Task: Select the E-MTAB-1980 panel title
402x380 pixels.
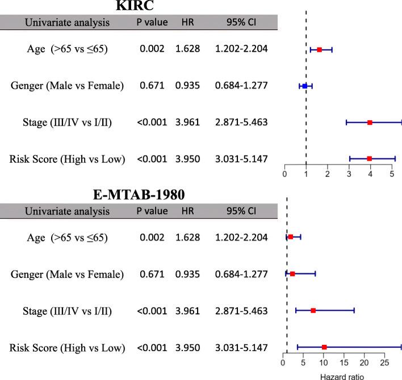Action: (x=139, y=195)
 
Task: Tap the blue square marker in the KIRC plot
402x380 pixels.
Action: (x=305, y=86)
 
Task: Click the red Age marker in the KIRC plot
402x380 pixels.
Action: (x=320, y=50)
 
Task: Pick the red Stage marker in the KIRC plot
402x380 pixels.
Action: (x=370, y=123)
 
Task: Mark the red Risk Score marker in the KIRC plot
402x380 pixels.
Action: (x=370, y=159)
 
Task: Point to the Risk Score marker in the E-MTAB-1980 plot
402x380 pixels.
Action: (x=324, y=347)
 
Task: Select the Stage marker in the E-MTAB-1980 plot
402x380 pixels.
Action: (x=313, y=311)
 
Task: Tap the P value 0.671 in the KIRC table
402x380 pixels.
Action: (x=152, y=86)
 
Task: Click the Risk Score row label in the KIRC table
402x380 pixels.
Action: (x=67, y=159)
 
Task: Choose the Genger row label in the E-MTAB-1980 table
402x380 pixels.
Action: (x=67, y=275)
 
